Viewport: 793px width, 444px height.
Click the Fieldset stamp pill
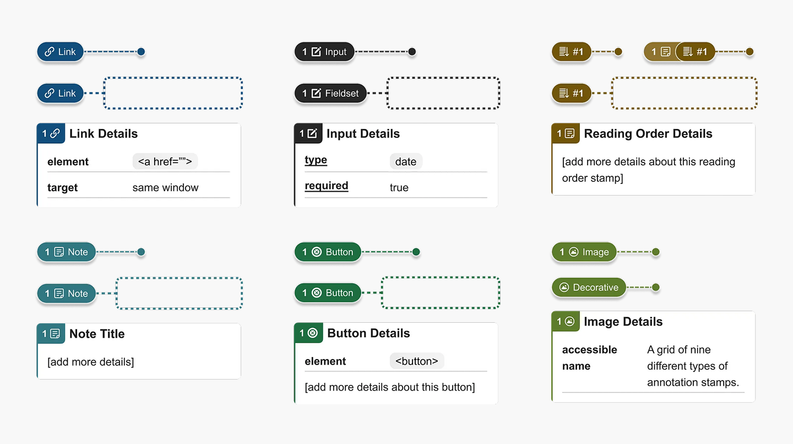(x=330, y=93)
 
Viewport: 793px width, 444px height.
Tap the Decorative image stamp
(x=589, y=287)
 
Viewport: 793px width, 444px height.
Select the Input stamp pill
(x=324, y=52)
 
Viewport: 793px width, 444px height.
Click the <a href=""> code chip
(x=165, y=161)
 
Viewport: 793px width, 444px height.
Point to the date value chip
(x=406, y=161)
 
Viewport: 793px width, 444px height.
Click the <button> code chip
(x=417, y=361)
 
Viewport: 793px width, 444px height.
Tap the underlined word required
(x=327, y=186)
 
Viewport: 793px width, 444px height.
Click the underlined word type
(x=316, y=160)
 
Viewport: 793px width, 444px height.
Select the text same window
(x=165, y=187)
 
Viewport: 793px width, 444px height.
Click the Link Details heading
(x=104, y=133)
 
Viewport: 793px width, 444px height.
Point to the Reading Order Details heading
(x=648, y=133)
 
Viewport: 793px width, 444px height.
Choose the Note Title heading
(x=97, y=333)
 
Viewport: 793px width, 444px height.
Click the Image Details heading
(x=623, y=322)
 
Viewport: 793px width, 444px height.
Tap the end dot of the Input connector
(x=412, y=52)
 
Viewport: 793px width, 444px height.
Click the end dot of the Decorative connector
(x=656, y=287)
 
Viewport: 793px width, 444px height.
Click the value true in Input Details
(x=399, y=187)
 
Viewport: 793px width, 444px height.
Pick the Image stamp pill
(x=584, y=252)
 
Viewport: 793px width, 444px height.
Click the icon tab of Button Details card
(x=308, y=333)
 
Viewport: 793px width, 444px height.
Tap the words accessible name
(x=589, y=358)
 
